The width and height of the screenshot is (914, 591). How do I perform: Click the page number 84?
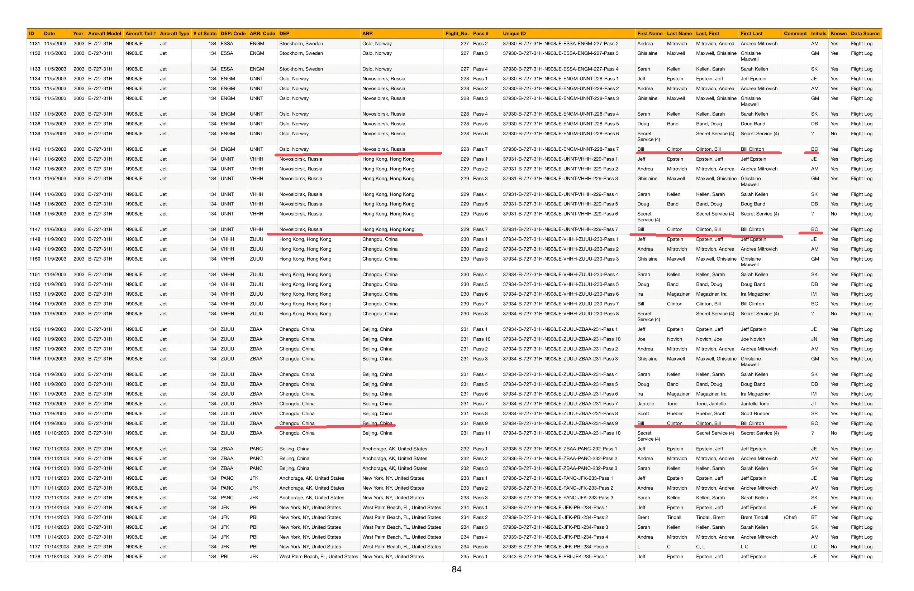pyautogui.click(x=456, y=570)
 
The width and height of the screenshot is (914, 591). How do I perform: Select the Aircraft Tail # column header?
pyautogui.click(x=140, y=34)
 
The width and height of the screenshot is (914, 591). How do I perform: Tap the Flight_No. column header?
pyautogui.click(x=457, y=34)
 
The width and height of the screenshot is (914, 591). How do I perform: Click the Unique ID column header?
pyautogui.click(x=514, y=34)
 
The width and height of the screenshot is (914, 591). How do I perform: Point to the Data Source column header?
pyautogui.click(x=865, y=34)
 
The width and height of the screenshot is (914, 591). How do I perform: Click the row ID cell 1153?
pyautogui.click(x=34, y=294)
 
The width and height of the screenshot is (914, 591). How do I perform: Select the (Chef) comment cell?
pyautogui.click(x=790, y=517)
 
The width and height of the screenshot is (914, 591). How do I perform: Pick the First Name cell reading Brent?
pyautogui.click(x=643, y=517)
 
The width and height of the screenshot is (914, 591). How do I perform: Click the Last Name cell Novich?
pyautogui.click(x=674, y=339)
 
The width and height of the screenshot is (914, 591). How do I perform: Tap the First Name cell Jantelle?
pyautogui.click(x=646, y=403)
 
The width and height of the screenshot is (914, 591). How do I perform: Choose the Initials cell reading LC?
pyautogui.click(x=814, y=547)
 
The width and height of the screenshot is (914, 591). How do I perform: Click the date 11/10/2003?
pyautogui.click(x=57, y=433)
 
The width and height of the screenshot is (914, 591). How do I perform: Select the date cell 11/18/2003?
pyautogui.click(x=57, y=557)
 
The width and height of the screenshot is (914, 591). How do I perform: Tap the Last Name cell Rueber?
pyautogui.click(x=675, y=413)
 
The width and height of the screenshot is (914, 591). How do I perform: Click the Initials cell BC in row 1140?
pyautogui.click(x=814, y=149)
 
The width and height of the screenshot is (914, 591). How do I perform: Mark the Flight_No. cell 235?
pyautogui.click(x=465, y=557)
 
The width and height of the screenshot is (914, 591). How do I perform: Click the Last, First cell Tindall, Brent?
pyautogui.click(x=710, y=517)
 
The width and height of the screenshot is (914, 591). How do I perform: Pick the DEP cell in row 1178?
pyautogui.click(x=318, y=557)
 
